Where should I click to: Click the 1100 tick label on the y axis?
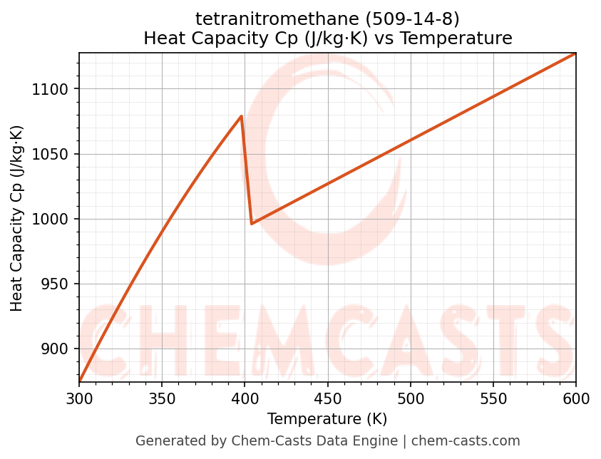click(x=54, y=89)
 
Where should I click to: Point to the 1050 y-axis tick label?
click(x=54, y=154)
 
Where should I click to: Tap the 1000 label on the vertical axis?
click(x=54, y=219)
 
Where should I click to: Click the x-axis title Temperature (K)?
click(x=327, y=419)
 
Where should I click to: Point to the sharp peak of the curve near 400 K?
click(x=242, y=115)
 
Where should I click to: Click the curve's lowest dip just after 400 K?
click(x=252, y=224)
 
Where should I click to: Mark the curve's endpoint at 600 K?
click(x=575, y=53)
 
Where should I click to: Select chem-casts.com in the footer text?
click(x=466, y=441)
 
